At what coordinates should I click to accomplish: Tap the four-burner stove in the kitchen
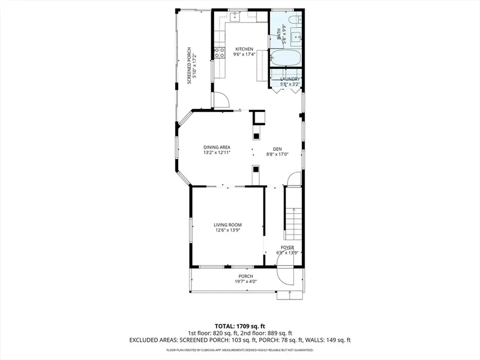(219, 53)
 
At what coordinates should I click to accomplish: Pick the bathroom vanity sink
(297, 37)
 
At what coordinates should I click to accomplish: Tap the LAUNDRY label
(290, 79)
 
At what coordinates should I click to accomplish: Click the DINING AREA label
(217, 147)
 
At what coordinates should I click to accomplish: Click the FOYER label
(288, 247)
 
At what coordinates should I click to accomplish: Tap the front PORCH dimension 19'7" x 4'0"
(246, 281)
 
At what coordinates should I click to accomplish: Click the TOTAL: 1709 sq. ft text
(239, 325)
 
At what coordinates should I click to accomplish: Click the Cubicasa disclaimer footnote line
(239, 350)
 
